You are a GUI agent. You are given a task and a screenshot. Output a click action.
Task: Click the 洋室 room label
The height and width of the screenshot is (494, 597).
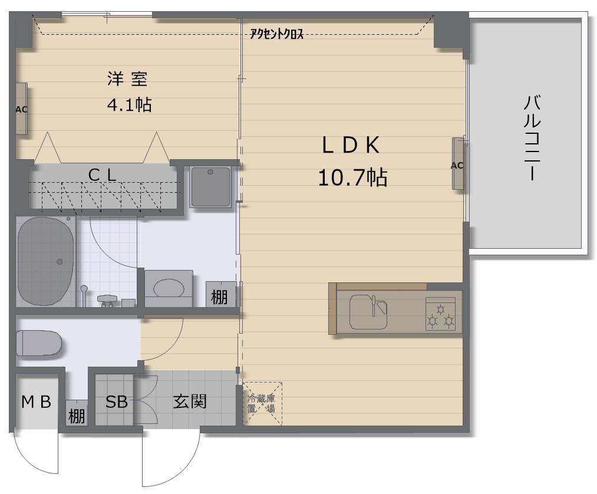[x=127, y=78]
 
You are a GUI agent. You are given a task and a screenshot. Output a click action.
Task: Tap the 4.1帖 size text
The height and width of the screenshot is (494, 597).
[x=129, y=105]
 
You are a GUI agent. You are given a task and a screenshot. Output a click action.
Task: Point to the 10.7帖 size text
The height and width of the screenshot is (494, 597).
[x=352, y=176]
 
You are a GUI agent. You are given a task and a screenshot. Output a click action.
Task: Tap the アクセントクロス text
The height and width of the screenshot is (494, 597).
[x=276, y=34]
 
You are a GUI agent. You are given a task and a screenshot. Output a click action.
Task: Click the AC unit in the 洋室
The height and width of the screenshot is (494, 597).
[x=21, y=109]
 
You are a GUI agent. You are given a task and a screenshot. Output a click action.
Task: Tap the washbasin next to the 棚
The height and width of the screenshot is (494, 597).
[x=169, y=288]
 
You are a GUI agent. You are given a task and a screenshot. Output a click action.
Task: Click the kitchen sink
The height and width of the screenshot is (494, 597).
[x=368, y=312]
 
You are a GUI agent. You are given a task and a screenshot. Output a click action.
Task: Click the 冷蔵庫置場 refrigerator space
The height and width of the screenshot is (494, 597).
[x=262, y=403]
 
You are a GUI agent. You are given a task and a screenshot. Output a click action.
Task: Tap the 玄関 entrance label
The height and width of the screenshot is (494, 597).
[x=190, y=402]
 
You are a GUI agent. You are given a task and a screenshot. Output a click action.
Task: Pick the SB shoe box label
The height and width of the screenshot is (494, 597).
[x=116, y=402]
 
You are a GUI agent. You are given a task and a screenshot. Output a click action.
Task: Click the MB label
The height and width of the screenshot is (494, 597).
[x=37, y=402]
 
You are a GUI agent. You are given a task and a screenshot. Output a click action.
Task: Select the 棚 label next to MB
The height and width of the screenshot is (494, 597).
[x=77, y=416]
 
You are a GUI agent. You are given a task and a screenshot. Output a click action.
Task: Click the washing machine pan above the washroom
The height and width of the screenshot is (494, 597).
[x=210, y=186]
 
